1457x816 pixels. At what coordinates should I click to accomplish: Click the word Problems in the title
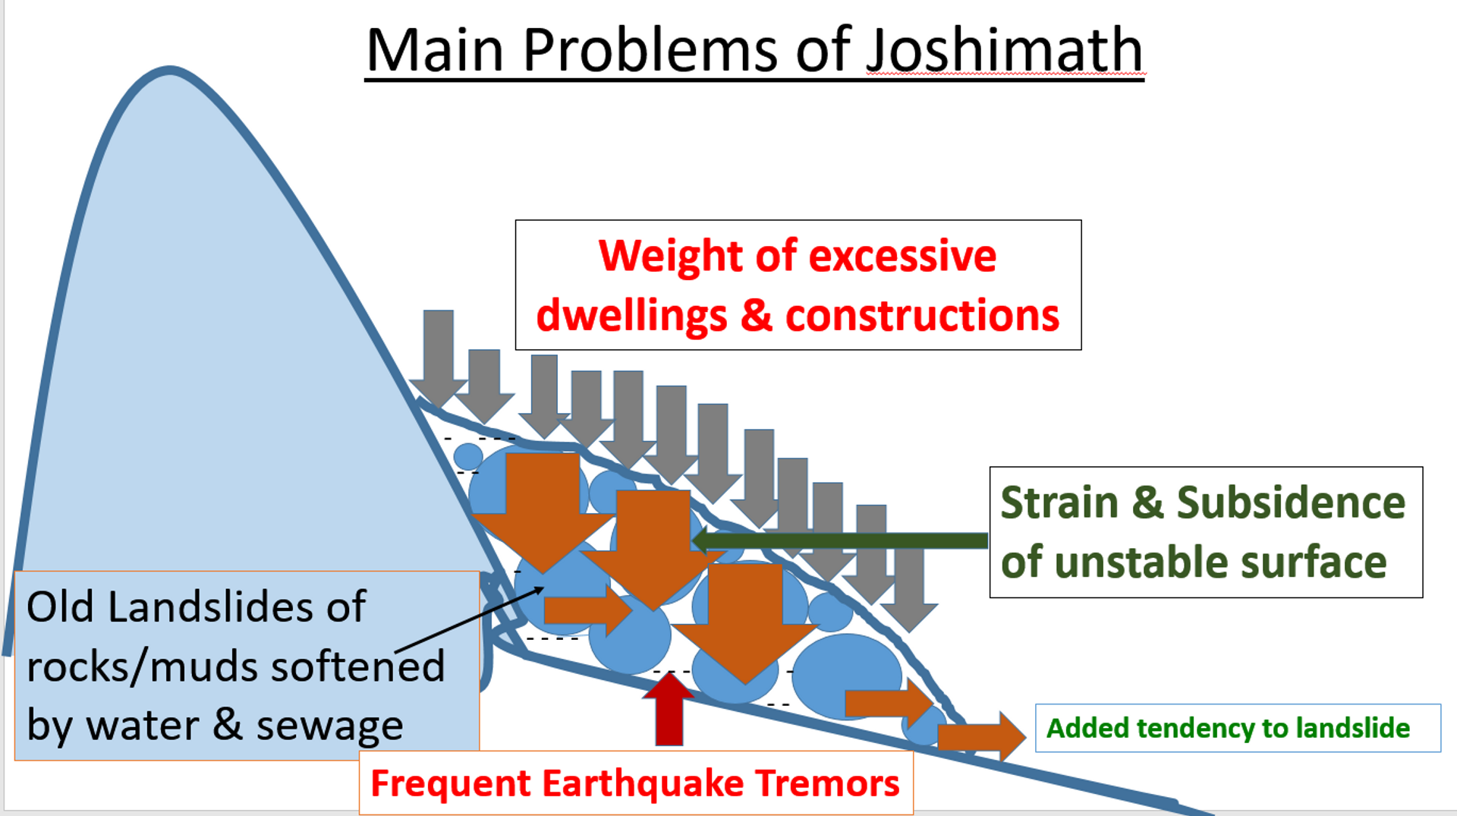pyautogui.click(x=650, y=50)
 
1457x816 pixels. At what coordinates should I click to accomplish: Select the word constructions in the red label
pyautogui.click(x=922, y=315)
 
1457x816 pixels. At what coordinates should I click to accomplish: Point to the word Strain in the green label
pyautogui.click(x=1059, y=503)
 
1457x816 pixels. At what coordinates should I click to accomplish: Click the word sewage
pyautogui.click(x=329, y=725)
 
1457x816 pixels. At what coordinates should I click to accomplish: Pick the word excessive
pyautogui.click(x=902, y=256)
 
